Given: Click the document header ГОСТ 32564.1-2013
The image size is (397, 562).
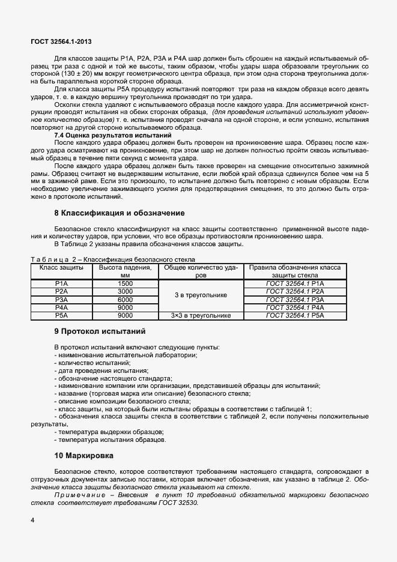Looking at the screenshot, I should (x=61, y=41).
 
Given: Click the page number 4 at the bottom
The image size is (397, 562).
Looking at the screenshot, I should (x=32, y=519).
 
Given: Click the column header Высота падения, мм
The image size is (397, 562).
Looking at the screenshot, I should (x=126, y=271).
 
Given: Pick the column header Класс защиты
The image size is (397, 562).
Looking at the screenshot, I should (x=61, y=267).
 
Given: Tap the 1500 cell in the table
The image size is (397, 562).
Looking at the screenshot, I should (x=126, y=283).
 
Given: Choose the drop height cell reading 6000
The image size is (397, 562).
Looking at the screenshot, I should (x=126, y=299).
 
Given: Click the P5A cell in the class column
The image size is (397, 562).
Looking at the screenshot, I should (x=61, y=315).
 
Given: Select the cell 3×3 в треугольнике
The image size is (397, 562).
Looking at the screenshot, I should (x=201, y=315).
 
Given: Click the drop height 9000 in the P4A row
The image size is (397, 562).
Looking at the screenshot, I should (x=126, y=307).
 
